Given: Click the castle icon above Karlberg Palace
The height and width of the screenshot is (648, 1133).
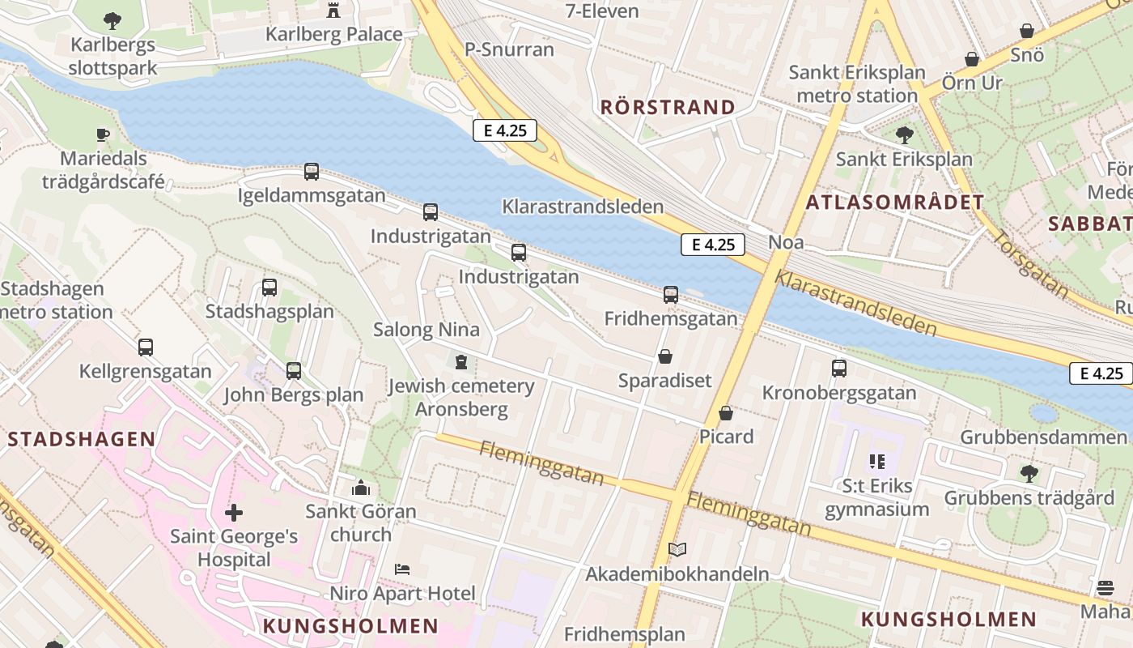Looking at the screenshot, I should click(333, 10).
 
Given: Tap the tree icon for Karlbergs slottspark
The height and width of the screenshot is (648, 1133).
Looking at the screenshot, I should click(112, 21).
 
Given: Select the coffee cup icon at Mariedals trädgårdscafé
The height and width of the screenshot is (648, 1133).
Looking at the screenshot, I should click(102, 134).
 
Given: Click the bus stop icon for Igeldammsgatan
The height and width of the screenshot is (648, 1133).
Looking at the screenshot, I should click(312, 172).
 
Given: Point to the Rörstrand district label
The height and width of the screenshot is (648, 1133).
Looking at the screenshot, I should click(668, 107).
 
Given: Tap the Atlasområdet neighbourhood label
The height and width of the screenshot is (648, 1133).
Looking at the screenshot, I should click(894, 202).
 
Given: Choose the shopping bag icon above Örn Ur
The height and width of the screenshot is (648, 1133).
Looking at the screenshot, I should click(971, 60).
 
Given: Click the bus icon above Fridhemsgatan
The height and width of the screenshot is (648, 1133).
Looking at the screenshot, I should click(671, 295).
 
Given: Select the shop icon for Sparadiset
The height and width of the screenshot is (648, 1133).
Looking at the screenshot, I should click(665, 356).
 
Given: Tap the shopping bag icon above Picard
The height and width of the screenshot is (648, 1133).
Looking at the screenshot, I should click(726, 413).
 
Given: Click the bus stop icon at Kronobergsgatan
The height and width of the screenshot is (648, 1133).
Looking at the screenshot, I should click(839, 369).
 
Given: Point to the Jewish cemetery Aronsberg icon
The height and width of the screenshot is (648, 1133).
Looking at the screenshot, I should click(461, 361).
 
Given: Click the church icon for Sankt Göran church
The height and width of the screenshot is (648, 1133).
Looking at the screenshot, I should click(361, 488).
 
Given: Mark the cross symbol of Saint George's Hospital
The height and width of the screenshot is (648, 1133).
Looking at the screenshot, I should click(234, 513).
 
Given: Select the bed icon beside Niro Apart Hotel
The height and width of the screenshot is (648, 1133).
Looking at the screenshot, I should click(402, 569).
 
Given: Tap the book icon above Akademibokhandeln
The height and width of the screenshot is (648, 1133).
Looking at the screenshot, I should click(677, 550).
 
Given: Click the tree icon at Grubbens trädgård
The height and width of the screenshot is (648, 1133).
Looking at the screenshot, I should click(1029, 473).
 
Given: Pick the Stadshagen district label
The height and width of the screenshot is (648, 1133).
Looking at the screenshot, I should click(82, 439).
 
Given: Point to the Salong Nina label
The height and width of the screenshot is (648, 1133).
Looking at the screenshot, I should click(426, 330).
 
